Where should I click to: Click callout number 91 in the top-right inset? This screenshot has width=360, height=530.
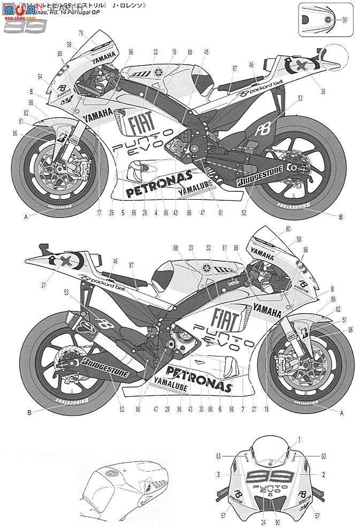point(344,20)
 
